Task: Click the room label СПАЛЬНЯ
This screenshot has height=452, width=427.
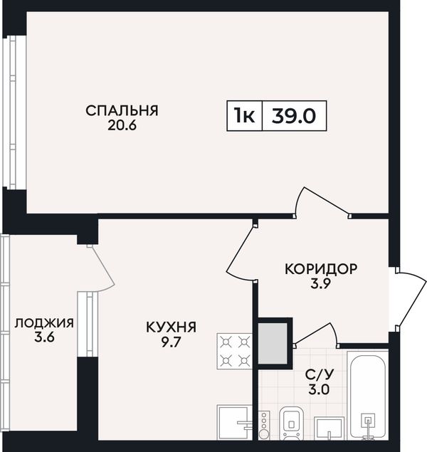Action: point(122,111)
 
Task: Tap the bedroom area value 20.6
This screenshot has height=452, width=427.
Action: point(122,125)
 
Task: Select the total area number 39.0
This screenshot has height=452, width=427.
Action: point(294,116)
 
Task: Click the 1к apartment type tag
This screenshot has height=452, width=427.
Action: point(244,116)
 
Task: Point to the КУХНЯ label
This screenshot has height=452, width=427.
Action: point(171,327)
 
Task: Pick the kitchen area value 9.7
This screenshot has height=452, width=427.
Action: point(171,342)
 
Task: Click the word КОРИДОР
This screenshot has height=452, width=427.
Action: point(321,269)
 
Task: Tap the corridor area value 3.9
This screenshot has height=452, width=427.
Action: point(320,284)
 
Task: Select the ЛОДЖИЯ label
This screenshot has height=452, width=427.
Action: point(44,323)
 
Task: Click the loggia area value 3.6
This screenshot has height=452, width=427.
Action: point(44,337)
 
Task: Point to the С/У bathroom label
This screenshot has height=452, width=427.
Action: point(320,374)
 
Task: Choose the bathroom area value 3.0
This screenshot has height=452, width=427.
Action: point(319,390)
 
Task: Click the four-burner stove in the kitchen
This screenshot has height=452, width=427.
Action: point(235,351)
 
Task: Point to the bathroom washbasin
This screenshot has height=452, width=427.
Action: point(329,428)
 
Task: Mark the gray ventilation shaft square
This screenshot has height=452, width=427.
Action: point(273,344)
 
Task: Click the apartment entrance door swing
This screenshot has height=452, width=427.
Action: point(411,299)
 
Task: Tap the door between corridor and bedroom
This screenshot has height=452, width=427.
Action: point(322,202)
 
